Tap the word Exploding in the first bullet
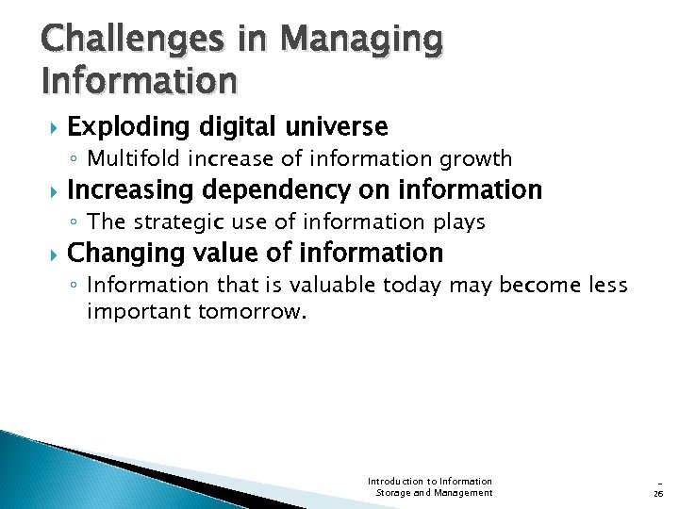coord(125,126)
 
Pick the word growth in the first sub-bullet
coord(478,158)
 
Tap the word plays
coord(459,222)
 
